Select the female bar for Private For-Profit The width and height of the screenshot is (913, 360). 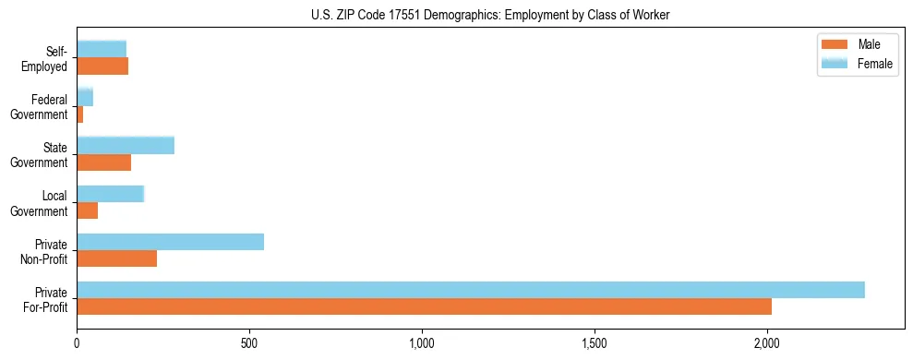pos(471,290)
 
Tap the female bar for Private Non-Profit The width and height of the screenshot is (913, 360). pos(170,242)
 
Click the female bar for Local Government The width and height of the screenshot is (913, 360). pos(110,194)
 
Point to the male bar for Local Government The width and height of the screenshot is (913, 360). pos(87,210)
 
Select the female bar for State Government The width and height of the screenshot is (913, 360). pos(126,145)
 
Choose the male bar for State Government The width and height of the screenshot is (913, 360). pos(103,162)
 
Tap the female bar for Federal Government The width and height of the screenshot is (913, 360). pos(85,97)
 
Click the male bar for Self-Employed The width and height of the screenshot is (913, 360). pos(102,66)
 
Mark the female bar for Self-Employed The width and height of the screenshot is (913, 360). pos(102,49)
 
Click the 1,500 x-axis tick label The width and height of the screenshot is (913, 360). pos(595,342)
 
